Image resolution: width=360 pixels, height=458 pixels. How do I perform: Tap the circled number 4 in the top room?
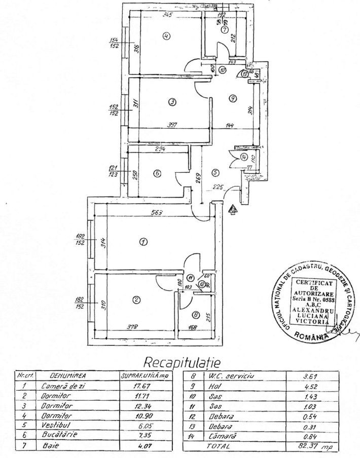click(x=166, y=35)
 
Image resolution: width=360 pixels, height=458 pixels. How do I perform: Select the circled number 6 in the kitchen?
click(x=157, y=173)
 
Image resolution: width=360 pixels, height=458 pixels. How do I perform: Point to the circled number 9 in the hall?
click(x=232, y=99)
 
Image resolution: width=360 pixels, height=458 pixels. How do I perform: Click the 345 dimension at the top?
click(x=167, y=15)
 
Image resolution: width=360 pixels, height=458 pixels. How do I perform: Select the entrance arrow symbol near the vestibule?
click(x=233, y=209)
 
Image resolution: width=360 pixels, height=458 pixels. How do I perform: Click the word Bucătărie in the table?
click(x=56, y=437)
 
